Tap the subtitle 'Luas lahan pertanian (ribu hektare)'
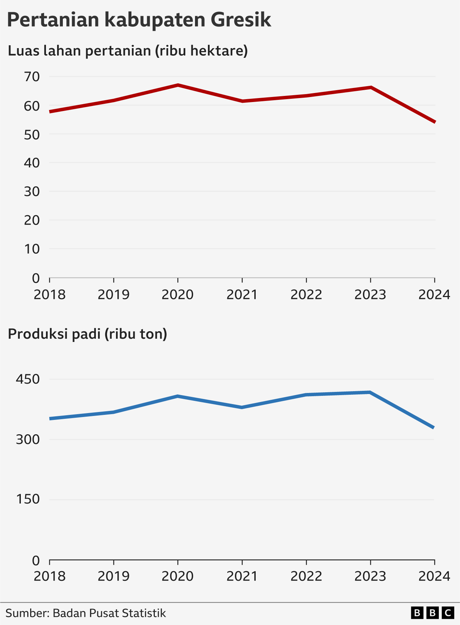(128, 51)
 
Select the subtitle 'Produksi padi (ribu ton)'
(88, 334)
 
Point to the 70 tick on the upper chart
(32, 77)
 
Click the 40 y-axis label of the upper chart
(32, 163)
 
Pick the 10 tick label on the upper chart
(32, 249)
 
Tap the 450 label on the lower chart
(28, 379)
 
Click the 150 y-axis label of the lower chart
(28, 499)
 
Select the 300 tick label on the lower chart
(28, 439)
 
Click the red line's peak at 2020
(178, 85)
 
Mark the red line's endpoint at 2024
(435, 122)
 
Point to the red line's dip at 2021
(242, 101)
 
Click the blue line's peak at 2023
(370, 392)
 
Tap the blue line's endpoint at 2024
(433, 427)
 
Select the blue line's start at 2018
(50, 419)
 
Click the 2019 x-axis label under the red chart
(113, 295)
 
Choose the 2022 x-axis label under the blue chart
(306, 577)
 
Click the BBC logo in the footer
(432, 613)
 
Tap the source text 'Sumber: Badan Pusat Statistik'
(85, 613)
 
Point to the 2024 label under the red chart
(434, 295)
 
